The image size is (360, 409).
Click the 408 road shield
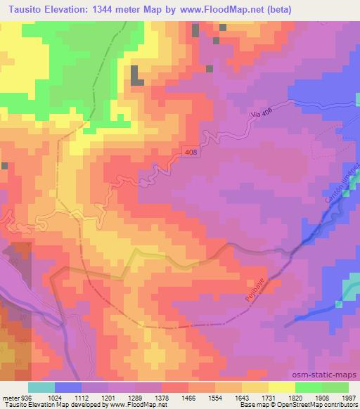pyautogui.click(x=193, y=152)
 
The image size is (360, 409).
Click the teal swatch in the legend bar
pyautogui.click(x=41, y=387)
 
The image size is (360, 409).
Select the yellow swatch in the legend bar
pyautogui.click(x=282, y=387)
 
